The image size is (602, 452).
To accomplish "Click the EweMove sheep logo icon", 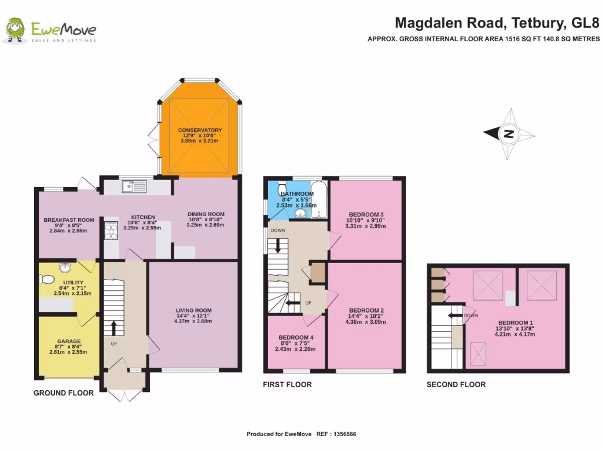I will tap(15, 30).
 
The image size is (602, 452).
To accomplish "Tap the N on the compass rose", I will tap(509, 134).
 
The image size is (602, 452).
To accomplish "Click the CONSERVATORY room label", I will tap(200, 130).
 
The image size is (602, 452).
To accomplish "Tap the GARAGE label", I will tap(69, 341).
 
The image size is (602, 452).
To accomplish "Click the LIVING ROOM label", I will tap(193, 311).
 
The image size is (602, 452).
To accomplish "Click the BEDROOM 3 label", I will tap(366, 214).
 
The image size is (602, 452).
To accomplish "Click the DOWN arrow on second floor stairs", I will tap(453, 315).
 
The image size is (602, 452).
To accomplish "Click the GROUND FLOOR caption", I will tap(63, 393).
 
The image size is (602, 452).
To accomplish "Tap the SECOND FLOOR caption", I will tap(456, 384).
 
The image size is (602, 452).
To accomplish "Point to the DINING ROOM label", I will tap(206, 214).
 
